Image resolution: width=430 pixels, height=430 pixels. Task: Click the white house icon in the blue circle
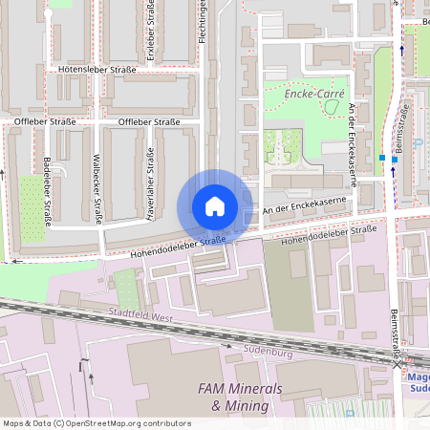click(x=214, y=206)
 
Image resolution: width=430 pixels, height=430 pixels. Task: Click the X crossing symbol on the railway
click(x=398, y=364)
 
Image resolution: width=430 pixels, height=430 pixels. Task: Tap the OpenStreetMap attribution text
click(x=97, y=422)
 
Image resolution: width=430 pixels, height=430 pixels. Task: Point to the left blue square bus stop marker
click(x=382, y=157)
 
